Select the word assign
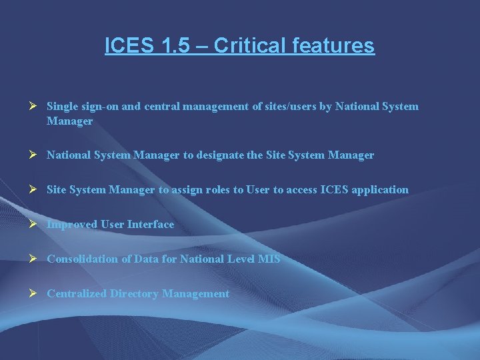pyautogui.click(x=191, y=189)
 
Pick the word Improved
pyautogui.click(x=72, y=224)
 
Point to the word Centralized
pyautogui.click(x=77, y=293)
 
